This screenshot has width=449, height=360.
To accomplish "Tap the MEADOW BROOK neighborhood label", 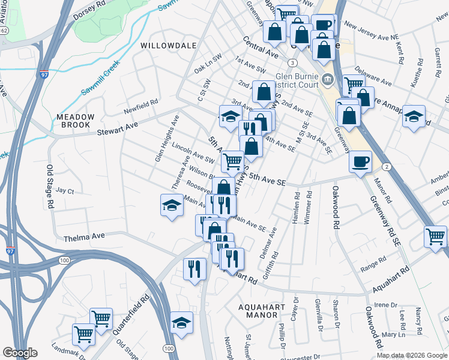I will click(76, 121).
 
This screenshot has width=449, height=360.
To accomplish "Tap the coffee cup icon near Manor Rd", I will click(360, 161).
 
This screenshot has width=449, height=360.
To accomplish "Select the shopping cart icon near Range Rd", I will click(435, 236).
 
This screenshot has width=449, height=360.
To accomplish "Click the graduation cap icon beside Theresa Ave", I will click(172, 206).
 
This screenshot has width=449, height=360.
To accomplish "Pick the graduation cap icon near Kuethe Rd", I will click(414, 116).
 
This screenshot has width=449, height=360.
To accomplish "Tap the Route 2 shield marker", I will click(388, 166).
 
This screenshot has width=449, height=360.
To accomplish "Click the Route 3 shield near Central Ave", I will click(292, 62).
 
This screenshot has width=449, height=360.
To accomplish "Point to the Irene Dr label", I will click(382, 305).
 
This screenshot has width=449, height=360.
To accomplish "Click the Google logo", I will click(20, 353).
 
